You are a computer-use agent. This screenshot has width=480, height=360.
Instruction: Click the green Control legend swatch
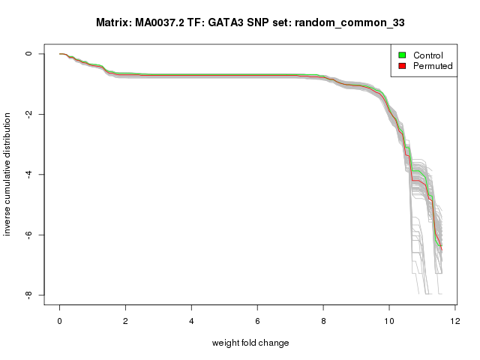(402, 55)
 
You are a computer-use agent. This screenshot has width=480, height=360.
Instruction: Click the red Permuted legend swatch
(402, 66)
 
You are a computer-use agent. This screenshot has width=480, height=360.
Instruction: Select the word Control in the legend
(427, 55)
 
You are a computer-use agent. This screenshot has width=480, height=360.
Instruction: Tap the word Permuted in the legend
(433, 66)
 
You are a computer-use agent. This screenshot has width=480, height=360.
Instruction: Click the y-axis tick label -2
(29, 114)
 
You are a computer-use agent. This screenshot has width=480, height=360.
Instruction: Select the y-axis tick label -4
(29, 175)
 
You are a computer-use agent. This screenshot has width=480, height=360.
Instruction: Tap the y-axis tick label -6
(29, 235)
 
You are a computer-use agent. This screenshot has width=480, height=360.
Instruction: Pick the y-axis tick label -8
(29, 295)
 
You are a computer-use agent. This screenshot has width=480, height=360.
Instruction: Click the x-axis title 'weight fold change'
(250, 343)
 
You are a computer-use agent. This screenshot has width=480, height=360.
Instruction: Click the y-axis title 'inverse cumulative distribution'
(8, 174)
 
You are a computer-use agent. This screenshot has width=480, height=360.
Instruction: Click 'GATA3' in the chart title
(216, 23)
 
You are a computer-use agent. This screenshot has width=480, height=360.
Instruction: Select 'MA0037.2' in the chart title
(162, 23)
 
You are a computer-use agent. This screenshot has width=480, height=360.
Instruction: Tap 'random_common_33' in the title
(350, 23)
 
